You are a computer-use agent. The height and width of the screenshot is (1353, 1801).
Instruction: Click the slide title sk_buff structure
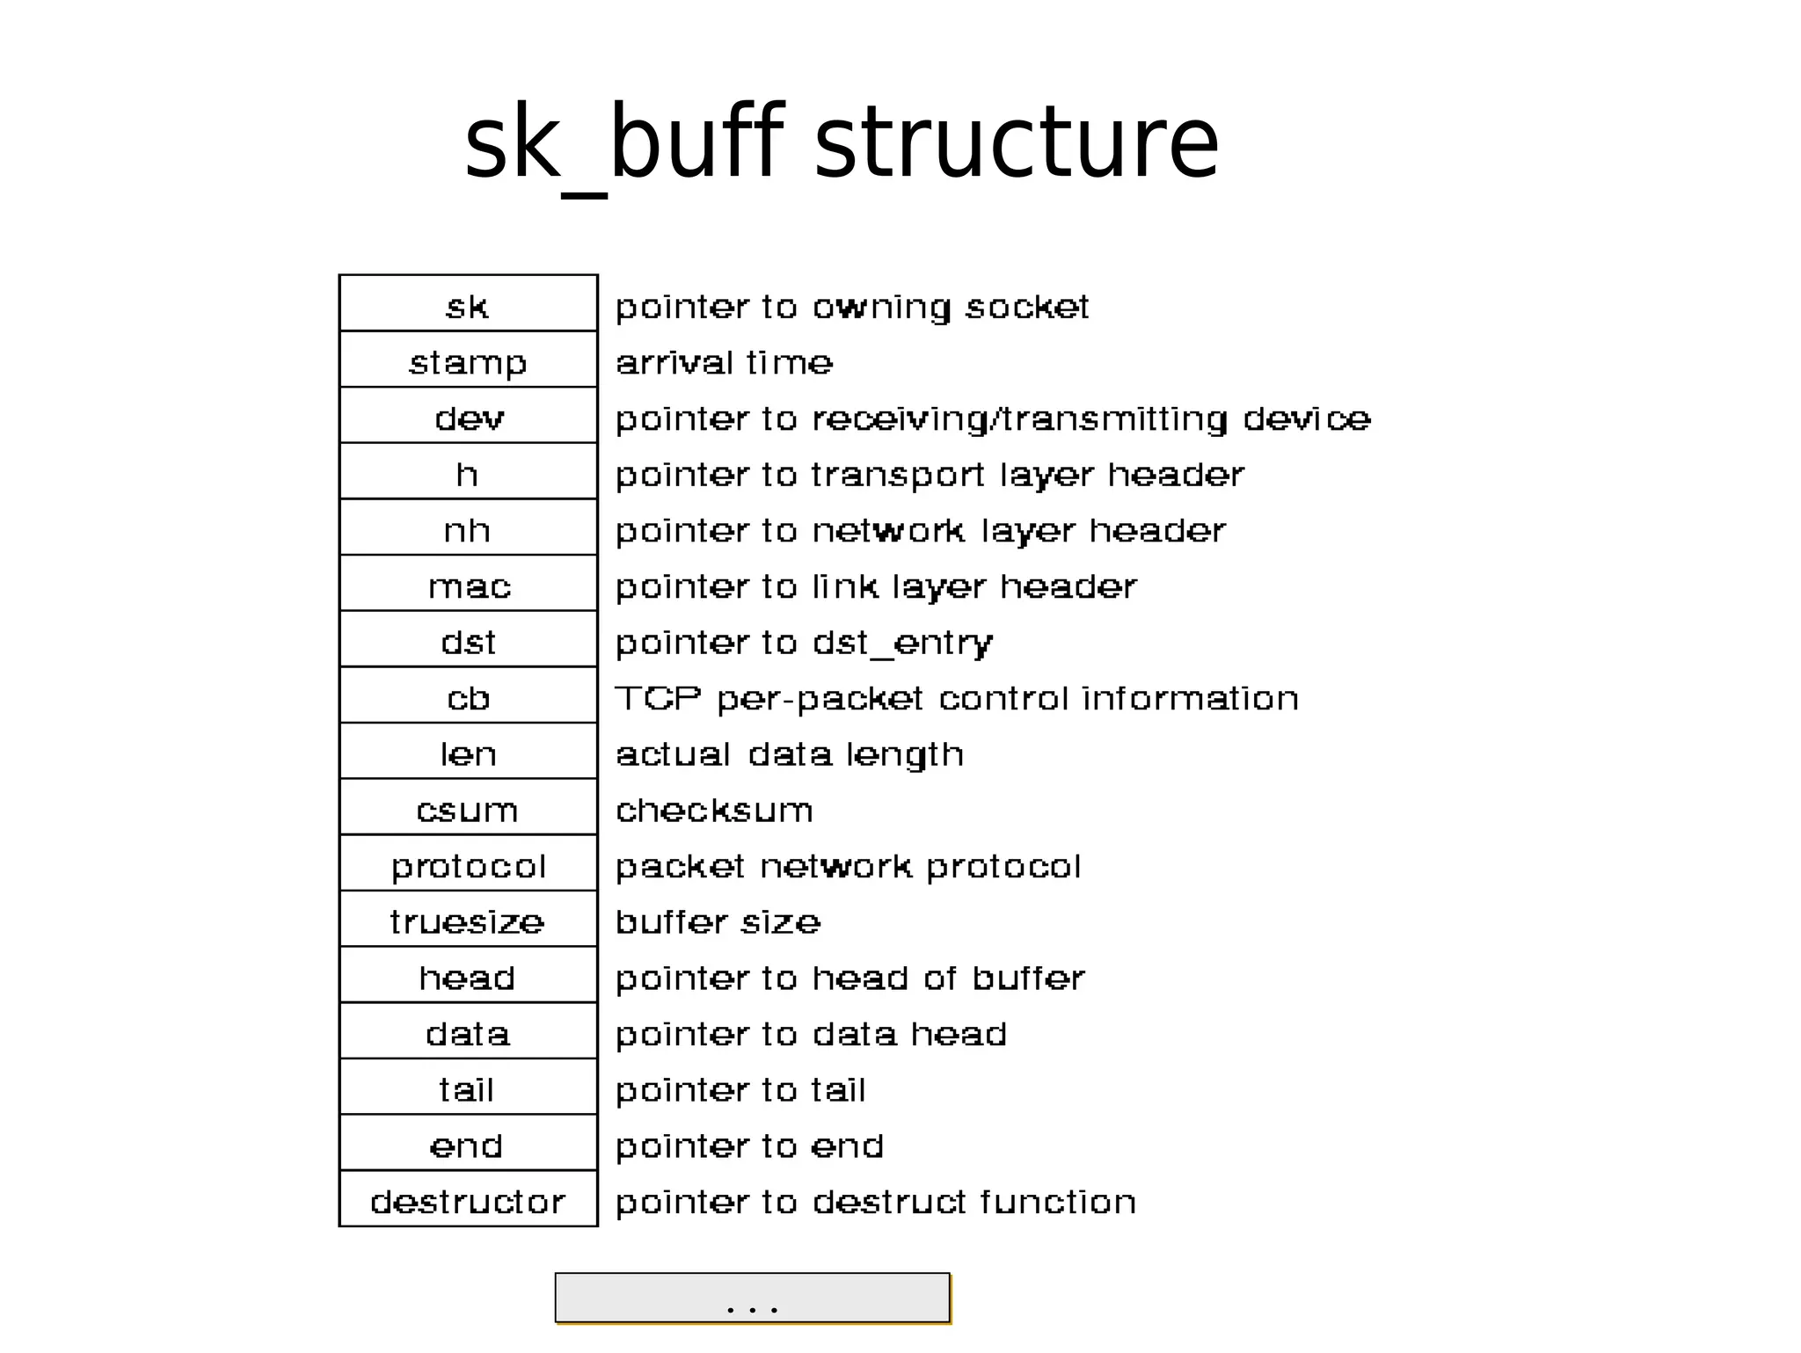pos(841,143)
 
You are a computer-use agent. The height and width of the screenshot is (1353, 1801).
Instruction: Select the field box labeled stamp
pos(468,360)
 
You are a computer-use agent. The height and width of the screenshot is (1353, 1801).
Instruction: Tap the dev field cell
pos(468,417)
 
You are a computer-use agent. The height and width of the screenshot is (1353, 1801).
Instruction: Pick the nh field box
pos(468,528)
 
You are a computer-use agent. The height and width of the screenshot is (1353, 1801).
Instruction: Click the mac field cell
pos(468,585)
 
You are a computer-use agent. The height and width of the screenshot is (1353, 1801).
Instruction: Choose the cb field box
pos(468,696)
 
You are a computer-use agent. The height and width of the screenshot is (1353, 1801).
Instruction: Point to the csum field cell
pos(468,808)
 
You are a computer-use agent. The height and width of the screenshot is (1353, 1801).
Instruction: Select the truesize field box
pos(468,920)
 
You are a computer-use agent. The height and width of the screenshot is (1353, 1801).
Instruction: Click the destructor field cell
pos(468,1200)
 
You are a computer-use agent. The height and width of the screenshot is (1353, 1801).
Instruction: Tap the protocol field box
pos(468,864)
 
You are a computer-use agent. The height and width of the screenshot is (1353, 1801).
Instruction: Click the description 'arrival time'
pos(724,362)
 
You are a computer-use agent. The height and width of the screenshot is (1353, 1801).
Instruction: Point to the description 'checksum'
pos(714,810)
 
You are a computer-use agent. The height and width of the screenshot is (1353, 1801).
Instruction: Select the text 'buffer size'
pos(718,921)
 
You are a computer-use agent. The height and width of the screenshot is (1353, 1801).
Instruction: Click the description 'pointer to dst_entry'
pos(804,643)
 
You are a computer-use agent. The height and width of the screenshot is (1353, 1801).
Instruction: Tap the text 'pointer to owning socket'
pos(851,307)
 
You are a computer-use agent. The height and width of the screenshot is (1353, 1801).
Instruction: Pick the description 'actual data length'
pos(789,754)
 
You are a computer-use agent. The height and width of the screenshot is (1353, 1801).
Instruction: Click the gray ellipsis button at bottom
pos(752,1298)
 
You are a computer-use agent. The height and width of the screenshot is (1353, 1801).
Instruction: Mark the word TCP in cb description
pos(658,698)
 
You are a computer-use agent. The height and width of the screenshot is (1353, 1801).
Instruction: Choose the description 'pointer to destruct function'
pos(875,1202)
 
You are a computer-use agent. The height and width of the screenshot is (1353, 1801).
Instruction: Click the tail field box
pos(468,1088)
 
